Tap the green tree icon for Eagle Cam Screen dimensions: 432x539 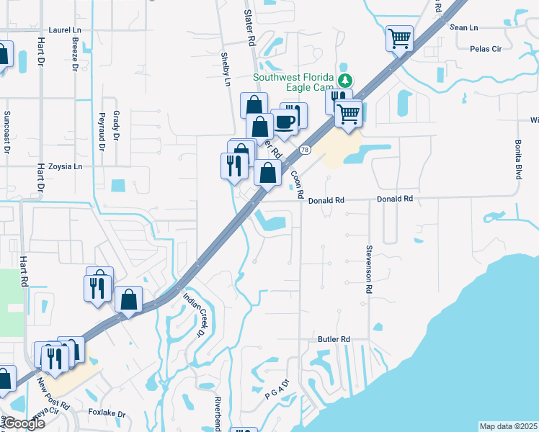[346, 81]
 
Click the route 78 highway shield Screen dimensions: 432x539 [306, 150]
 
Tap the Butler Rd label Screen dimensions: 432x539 [334, 338]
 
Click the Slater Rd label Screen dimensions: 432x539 [250, 29]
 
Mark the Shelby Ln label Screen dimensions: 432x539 [226, 69]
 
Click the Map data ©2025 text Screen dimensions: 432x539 [508, 426]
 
